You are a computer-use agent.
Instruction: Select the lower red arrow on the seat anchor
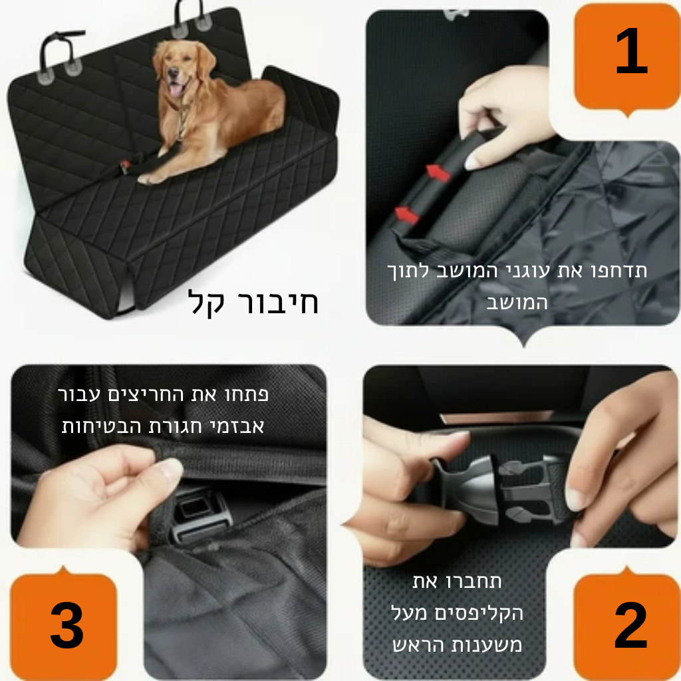[x=406, y=214]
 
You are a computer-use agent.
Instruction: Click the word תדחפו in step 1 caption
[x=616, y=271]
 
